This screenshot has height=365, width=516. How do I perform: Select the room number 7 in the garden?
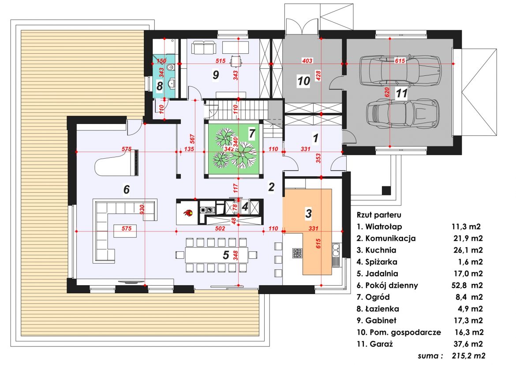[x=252, y=134]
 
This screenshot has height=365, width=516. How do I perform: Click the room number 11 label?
[x=401, y=93]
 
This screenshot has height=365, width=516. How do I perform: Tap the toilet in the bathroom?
[x=170, y=68]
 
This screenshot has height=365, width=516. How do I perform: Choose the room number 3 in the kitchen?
[x=308, y=213]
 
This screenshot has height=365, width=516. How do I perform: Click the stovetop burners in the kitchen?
[x=297, y=253]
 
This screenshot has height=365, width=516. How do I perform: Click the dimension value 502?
[x=220, y=228]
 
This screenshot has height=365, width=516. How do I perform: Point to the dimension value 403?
[x=307, y=61]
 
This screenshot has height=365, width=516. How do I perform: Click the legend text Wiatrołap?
[x=383, y=227]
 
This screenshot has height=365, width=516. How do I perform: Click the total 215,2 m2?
[x=468, y=356]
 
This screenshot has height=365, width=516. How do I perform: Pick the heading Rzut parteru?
[x=379, y=215]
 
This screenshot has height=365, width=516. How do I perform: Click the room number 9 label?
[x=216, y=75]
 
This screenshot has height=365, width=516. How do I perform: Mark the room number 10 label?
[x=303, y=81]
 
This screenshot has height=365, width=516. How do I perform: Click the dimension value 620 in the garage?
[x=387, y=92]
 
